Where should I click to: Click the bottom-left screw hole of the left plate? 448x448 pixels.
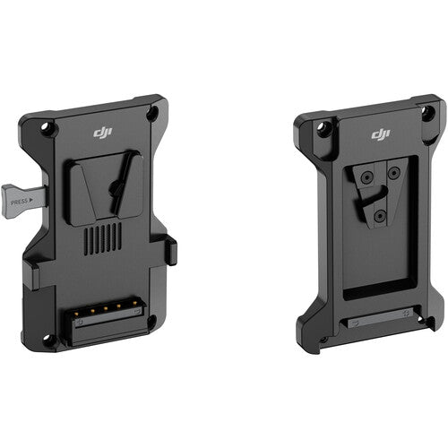click(x=49, y=338)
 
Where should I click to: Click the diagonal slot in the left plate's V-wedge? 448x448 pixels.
click(x=116, y=187)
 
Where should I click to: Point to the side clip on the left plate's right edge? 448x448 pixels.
click(x=171, y=252)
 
